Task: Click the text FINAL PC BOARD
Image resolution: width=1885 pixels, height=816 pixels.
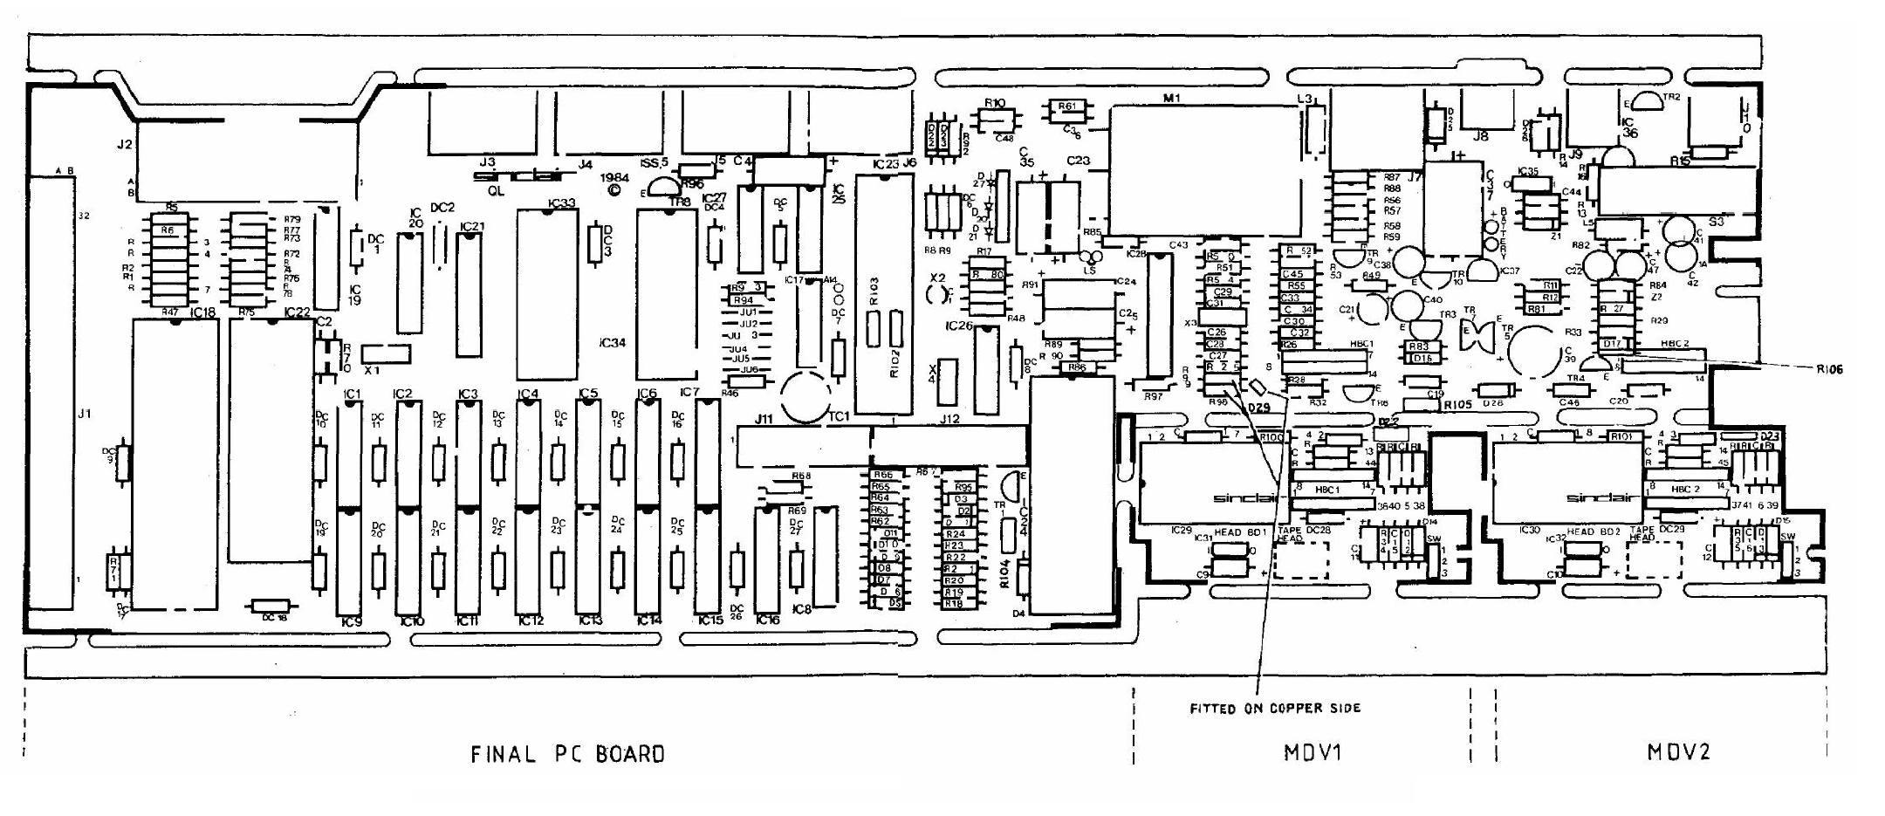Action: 567,754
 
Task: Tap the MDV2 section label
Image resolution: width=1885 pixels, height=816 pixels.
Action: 1678,752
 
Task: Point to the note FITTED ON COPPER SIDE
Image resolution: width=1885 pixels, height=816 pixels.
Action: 1275,709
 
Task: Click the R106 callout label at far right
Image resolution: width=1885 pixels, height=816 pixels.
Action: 1829,370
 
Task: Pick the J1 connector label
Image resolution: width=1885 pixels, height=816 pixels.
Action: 84,414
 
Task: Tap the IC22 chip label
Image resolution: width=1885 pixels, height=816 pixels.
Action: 297,312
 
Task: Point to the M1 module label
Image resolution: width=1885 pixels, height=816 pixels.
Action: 1171,99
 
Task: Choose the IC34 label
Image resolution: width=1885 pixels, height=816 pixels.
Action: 612,343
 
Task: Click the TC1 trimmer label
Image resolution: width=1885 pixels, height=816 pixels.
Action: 838,416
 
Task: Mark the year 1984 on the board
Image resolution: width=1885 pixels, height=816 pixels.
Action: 614,176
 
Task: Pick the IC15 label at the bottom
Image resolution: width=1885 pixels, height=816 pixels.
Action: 711,621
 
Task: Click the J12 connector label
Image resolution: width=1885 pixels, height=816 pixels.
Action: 949,420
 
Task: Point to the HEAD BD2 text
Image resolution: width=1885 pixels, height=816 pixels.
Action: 1592,531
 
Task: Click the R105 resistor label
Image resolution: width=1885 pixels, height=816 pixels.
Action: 1457,405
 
